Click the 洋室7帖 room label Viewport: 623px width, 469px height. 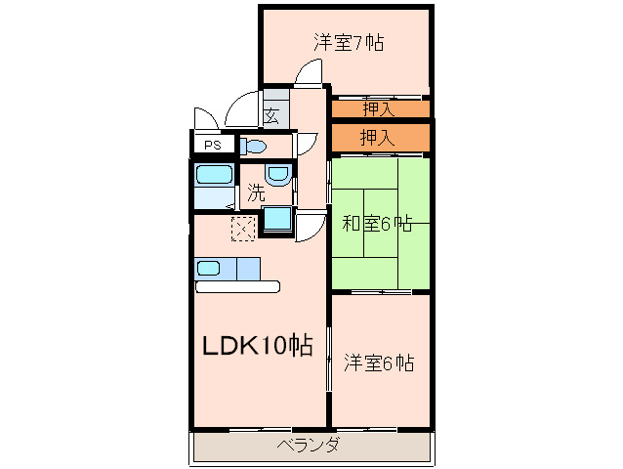(349, 43)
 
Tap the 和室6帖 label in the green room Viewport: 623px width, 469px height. (377, 224)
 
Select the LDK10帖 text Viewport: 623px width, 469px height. (257, 345)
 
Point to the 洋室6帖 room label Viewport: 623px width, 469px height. (379, 362)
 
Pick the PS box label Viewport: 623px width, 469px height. (212, 147)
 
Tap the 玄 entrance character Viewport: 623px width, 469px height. (271, 116)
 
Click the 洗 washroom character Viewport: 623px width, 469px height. (256, 193)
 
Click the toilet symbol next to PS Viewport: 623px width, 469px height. (252, 147)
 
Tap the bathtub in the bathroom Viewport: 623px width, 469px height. (213, 175)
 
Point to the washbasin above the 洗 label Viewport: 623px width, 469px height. (278, 175)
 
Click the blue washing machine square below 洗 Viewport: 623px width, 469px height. (277, 220)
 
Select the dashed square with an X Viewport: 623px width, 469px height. (242, 228)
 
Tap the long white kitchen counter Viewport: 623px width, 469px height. (237, 287)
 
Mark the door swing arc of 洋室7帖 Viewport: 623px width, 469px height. (311, 72)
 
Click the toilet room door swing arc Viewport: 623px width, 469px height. (306, 143)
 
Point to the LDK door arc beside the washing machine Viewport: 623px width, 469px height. (311, 228)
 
